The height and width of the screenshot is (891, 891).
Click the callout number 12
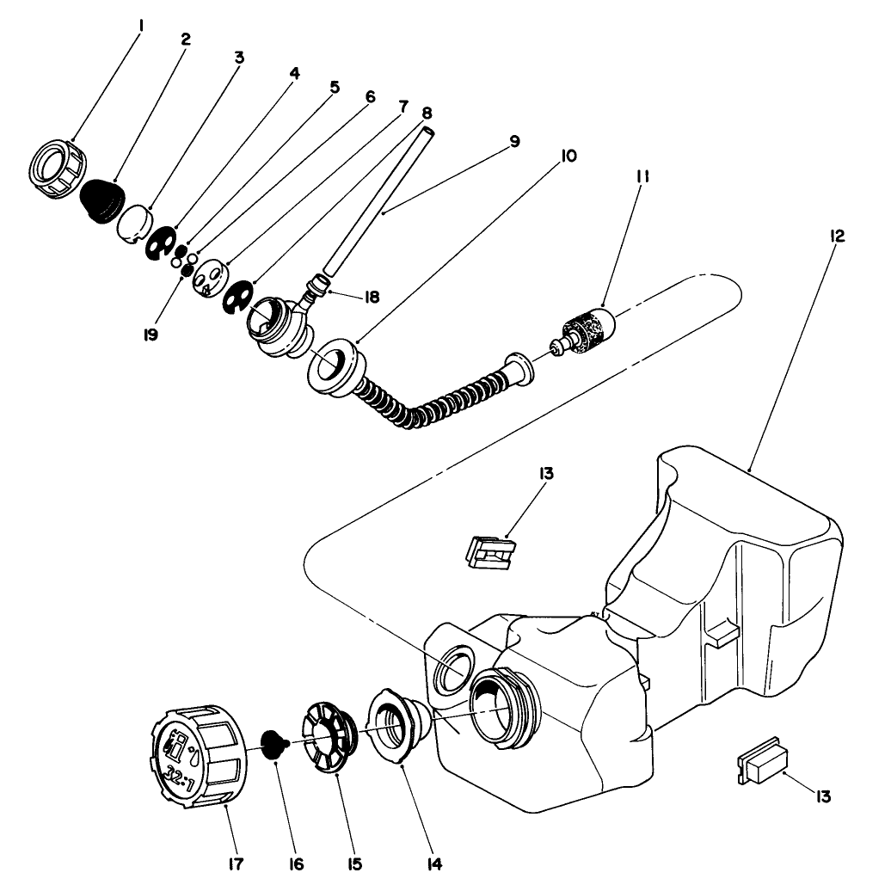[836, 236]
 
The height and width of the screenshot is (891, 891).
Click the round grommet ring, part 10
[333, 366]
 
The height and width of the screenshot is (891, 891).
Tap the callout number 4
[294, 74]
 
